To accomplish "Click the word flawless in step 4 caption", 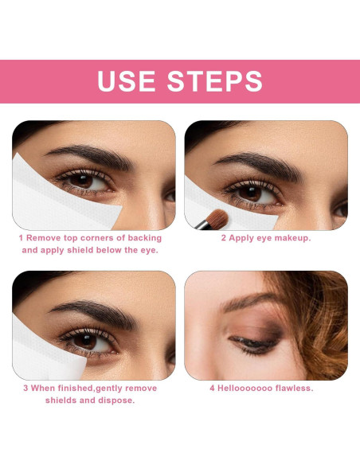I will [x=292, y=389].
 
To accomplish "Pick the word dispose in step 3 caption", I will [x=116, y=401].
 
